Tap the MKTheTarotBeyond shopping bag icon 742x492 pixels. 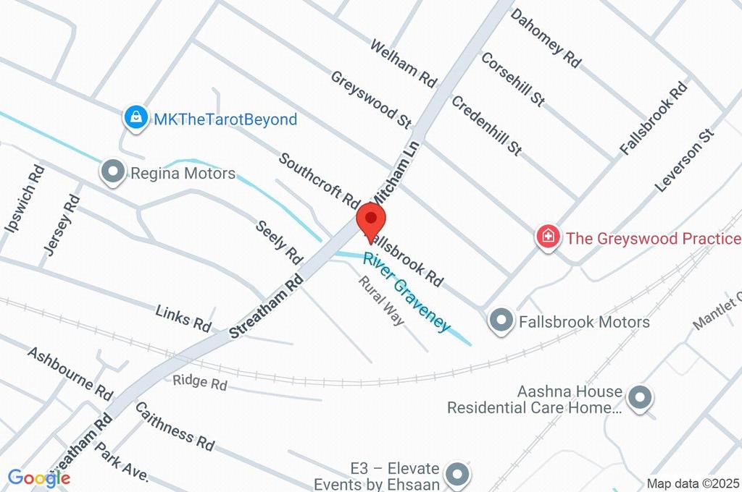pos(136,119)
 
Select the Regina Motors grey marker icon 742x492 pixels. pos(113,173)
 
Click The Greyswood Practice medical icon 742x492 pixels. pos(549,237)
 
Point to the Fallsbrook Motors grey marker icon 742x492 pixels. pos(501,320)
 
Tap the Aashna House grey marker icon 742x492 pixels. pos(640,398)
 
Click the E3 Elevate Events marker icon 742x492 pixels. pos(457,475)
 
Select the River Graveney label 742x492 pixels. pos(406,292)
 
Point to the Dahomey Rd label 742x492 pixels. pos(546,38)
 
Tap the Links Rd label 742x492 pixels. pos(183,318)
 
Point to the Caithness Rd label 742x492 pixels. pos(175,423)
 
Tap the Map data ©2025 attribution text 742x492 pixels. pos(692,483)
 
